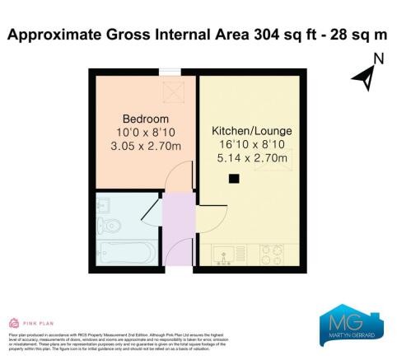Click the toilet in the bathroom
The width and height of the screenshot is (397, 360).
[x=114, y=224]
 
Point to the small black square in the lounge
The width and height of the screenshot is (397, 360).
[x=234, y=179]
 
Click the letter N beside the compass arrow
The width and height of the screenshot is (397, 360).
[x=378, y=58]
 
